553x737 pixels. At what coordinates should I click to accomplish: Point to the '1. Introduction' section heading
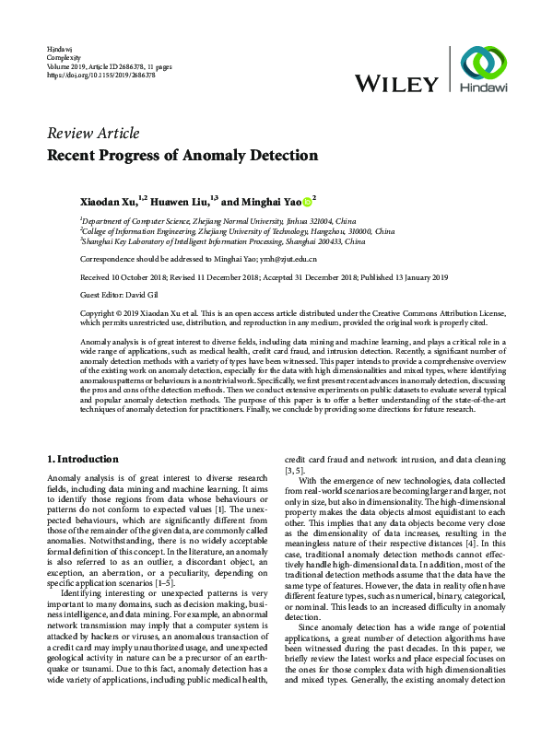[x=82, y=459]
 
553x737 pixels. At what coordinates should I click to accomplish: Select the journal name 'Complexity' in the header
[x=64, y=56]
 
